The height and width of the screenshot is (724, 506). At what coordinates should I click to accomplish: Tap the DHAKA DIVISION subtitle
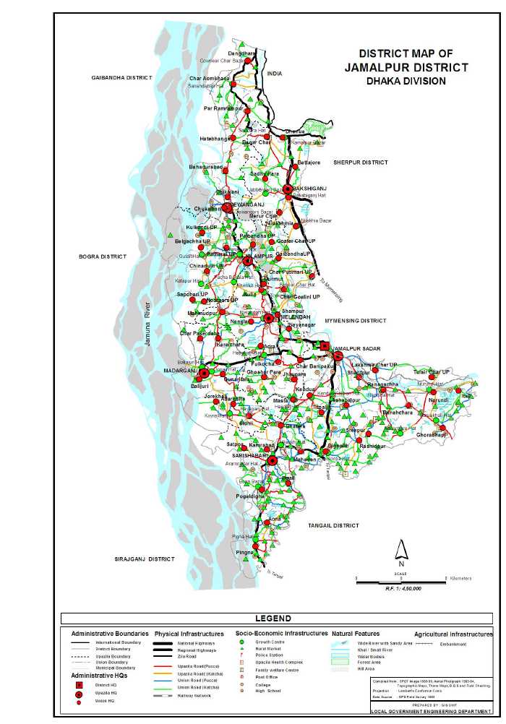click(406, 81)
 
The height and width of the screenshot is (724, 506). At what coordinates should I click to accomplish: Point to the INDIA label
click(275, 74)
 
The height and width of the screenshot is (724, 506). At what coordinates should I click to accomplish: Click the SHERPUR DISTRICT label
click(361, 163)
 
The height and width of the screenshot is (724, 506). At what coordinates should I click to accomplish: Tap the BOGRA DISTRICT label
click(103, 257)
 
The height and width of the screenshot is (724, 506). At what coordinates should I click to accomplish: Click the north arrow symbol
click(400, 551)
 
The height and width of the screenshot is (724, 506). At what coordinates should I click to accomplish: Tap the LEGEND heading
click(273, 619)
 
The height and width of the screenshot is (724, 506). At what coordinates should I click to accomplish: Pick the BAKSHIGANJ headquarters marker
click(288, 189)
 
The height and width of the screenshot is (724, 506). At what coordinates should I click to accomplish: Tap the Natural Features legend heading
click(355, 633)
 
